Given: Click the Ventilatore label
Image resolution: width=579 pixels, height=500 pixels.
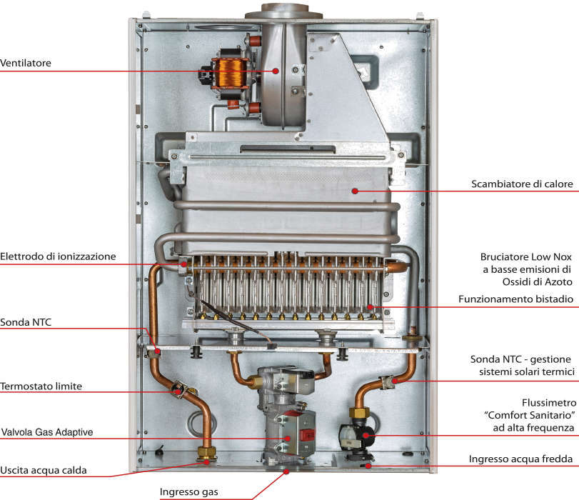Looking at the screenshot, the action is coord(26,63).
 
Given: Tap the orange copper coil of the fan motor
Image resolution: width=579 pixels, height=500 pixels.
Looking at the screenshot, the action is coord(231,72).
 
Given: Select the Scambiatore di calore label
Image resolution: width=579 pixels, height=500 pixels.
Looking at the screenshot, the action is coord(522,184).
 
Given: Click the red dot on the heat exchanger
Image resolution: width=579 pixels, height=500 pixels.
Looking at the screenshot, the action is coord(355,191).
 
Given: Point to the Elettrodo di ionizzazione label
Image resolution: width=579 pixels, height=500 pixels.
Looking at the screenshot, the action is coord(58,256).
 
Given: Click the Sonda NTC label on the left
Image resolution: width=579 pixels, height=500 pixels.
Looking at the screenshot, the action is coord(26,322).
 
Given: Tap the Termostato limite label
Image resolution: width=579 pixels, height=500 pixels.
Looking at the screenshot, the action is coord(41,386).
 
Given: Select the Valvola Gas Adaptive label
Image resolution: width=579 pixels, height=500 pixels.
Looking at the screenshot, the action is coord(47,432).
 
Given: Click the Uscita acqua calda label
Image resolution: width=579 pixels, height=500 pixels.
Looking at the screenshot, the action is coord(44,471).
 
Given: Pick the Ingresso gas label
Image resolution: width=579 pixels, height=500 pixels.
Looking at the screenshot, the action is coord(188,492).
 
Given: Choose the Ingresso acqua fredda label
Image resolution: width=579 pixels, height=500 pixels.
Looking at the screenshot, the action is coord(520,459).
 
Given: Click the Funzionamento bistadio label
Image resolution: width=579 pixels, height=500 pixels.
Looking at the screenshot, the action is coord(516,299).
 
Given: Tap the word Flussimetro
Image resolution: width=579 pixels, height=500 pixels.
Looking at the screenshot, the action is coord(549,403).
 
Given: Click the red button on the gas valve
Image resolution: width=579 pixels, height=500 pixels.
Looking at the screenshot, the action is coord(307,435).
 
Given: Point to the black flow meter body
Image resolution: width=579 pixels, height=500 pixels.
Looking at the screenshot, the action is coord(357,435).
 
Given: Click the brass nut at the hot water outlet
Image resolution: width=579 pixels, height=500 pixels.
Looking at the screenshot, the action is coord(207,453).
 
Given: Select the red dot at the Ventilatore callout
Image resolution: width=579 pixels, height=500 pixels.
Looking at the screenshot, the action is coord(276,71).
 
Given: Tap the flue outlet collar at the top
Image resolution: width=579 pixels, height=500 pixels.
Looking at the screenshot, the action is coord(284,11).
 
